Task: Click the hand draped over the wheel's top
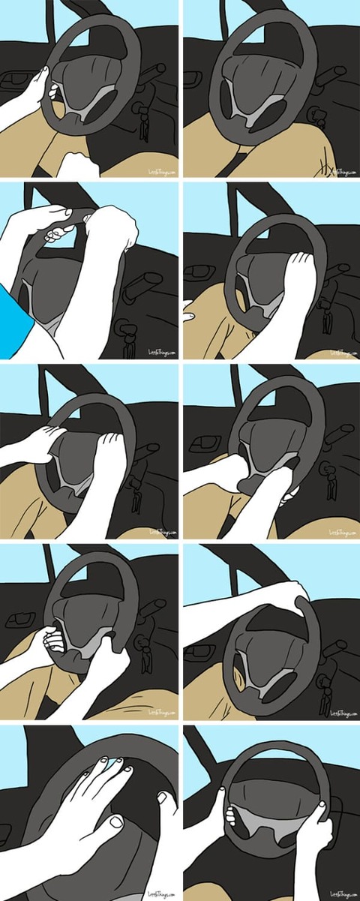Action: point(292,596)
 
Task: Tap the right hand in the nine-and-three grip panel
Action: point(315,829)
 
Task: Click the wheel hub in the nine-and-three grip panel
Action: point(270,814)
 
